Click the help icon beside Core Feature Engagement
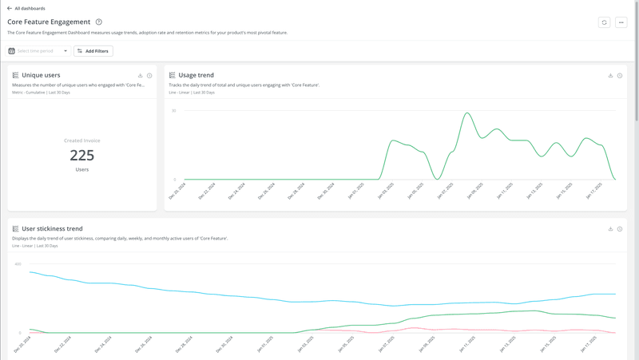(x=99, y=22)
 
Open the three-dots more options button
(x=621, y=22)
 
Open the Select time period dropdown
(x=38, y=51)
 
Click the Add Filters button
(x=93, y=51)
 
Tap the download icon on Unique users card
(x=141, y=76)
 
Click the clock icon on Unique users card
(x=149, y=76)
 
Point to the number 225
(x=82, y=155)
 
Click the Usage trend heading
(x=196, y=75)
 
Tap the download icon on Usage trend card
(x=610, y=76)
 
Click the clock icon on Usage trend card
(x=620, y=76)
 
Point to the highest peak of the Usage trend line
(x=467, y=113)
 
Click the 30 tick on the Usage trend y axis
(x=174, y=111)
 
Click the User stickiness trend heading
(x=52, y=229)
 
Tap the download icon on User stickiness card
(x=610, y=229)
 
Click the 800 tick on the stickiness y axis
(x=18, y=264)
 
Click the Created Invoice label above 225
(x=82, y=140)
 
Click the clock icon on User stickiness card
(x=620, y=229)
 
